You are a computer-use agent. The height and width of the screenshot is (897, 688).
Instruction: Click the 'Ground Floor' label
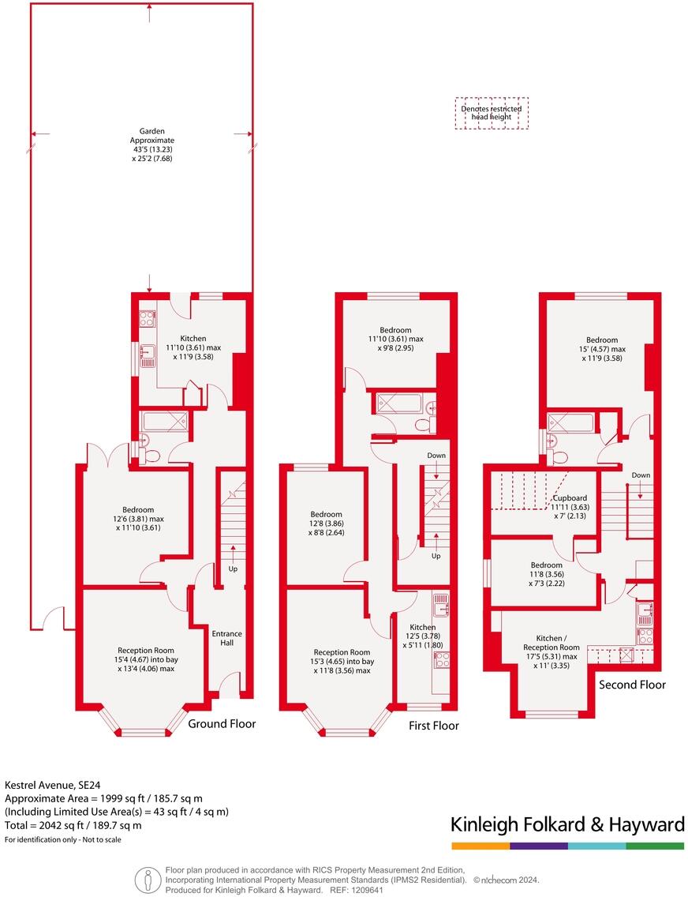pyautogui.click(x=222, y=723)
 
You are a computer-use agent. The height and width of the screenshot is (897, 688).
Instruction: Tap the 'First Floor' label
pyautogui.click(x=433, y=726)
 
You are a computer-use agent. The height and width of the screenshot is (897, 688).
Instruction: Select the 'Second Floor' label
pyautogui.click(x=632, y=685)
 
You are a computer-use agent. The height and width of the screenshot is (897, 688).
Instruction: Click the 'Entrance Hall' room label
pyautogui.click(x=226, y=638)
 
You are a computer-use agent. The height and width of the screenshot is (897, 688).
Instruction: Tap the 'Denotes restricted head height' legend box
pyautogui.click(x=492, y=113)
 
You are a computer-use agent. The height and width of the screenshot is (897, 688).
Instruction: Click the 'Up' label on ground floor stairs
pyautogui.click(x=233, y=569)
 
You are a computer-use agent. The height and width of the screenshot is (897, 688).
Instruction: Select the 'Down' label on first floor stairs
pyautogui.click(x=436, y=456)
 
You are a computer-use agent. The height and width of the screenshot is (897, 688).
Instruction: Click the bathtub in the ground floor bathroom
pyautogui.click(x=164, y=421)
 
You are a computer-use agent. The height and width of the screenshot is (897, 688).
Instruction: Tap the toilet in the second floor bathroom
pyautogui.click(x=559, y=456)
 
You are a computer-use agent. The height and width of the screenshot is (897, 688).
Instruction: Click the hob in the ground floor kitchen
pyautogui.click(x=147, y=319)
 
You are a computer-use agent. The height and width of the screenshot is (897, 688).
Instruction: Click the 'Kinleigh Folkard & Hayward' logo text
pyautogui.click(x=566, y=825)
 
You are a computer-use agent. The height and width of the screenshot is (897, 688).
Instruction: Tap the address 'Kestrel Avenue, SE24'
pyautogui.click(x=52, y=786)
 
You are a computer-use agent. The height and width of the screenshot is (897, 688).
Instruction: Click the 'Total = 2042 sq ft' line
pyautogui.click(x=73, y=826)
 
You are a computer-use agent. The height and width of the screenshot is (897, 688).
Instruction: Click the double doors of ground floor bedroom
pyautogui.click(x=118, y=455)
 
